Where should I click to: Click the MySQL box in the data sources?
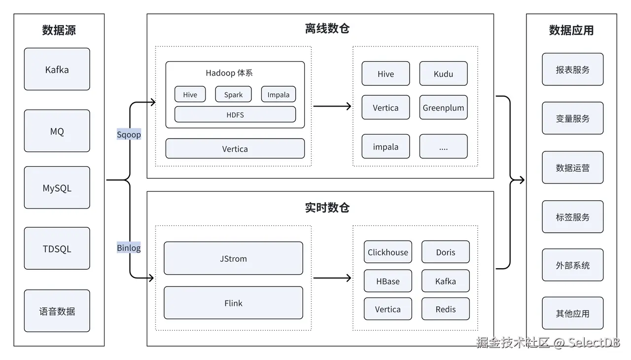[57, 187]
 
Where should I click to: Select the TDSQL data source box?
[57, 249]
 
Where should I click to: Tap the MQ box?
[57, 131]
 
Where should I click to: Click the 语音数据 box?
[57, 311]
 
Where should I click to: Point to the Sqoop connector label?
[129, 135]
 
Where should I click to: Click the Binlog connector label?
[129, 248]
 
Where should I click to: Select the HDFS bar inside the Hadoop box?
[235, 114]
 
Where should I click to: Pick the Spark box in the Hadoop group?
[233, 94]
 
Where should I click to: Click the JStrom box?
[233, 258]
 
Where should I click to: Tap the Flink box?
[233, 303]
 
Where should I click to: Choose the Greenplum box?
[443, 108]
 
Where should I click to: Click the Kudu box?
[443, 73]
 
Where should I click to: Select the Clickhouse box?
[387, 252]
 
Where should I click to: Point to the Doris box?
[445, 252]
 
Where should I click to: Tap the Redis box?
[445, 309]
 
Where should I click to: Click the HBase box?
[387, 281]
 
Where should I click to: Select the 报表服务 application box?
[572, 70]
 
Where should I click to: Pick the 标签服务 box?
[572, 216]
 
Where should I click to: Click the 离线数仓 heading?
[327, 29]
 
